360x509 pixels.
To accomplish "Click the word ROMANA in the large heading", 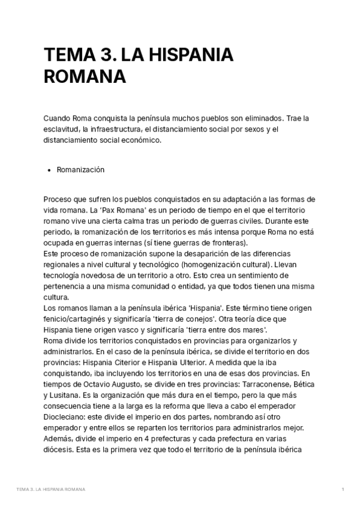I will (85, 78).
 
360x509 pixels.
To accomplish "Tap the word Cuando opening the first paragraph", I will (58, 118).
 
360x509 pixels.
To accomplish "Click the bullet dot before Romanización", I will (48, 170).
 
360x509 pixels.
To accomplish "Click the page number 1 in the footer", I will (343, 490).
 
